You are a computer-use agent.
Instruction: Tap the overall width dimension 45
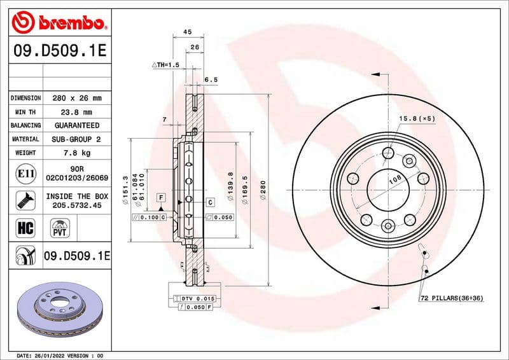188,32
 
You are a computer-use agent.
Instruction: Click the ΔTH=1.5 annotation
166,66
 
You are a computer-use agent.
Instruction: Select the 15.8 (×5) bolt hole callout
417,119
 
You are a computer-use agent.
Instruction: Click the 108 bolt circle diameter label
394,181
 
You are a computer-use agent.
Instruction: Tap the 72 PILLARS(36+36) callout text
451,298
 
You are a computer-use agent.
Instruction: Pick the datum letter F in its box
162,198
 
